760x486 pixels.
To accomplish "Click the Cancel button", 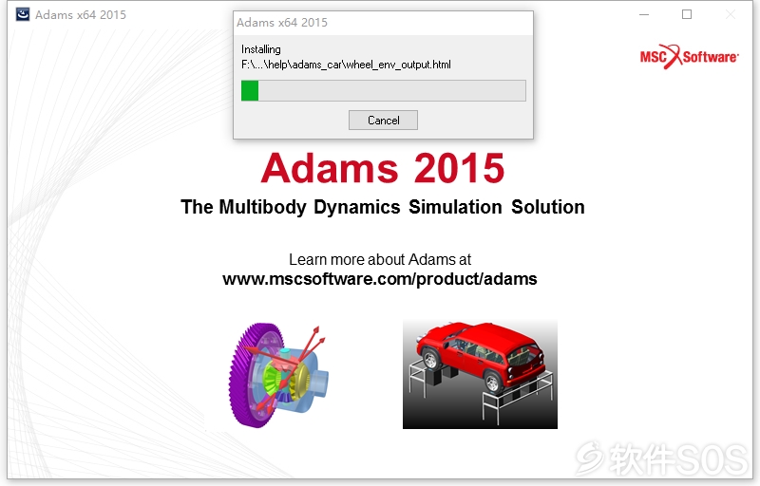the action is [x=383, y=120].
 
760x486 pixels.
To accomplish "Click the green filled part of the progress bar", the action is [x=250, y=90].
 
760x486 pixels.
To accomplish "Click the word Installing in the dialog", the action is [x=260, y=49].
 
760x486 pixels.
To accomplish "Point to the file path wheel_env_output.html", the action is [x=346, y=65].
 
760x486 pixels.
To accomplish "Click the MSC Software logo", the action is [x=690, y=57].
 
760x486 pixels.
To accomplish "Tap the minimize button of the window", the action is [x=644, y=14].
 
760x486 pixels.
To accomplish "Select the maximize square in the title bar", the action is [x=687, y=14].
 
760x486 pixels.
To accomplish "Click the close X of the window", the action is [x=730, y=14].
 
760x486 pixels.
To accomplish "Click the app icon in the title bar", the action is [x=22, y=14].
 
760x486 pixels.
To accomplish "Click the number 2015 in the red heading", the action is [x=459, y=168].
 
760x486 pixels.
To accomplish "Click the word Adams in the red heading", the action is [x=330, y=168].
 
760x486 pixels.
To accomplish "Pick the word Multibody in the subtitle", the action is [x=263, y=207].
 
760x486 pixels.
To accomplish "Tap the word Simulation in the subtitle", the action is [x=455, y=207].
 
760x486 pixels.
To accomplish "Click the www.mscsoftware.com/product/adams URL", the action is [x=380, y=279].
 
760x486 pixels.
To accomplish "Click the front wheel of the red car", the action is [x=430, y=360].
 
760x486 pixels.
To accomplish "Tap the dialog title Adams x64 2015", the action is [x=282, y=23].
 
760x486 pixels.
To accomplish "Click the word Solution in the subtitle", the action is [x=548, y=207].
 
